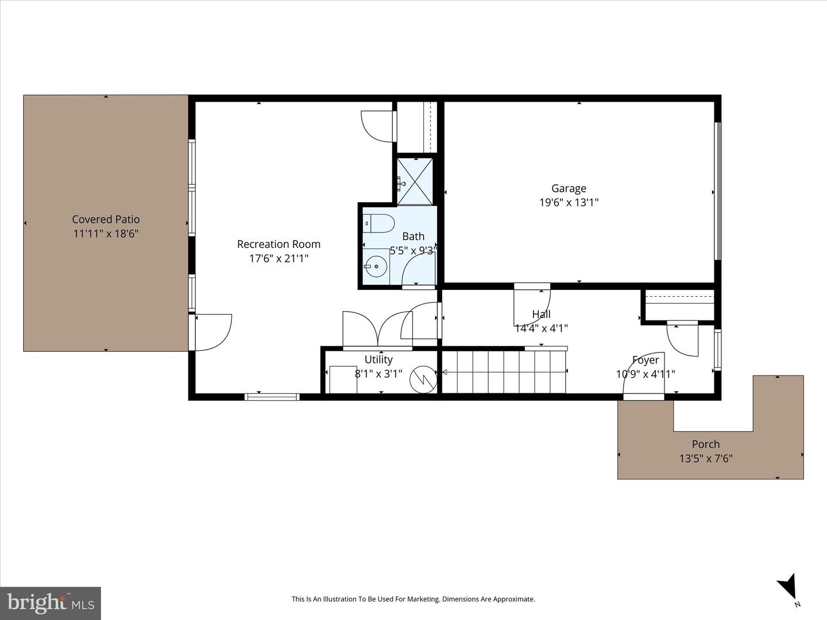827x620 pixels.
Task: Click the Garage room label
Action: pyautogui.click(x=569, y=188)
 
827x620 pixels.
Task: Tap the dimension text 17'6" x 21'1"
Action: pyautogui.click(x=279, y=258)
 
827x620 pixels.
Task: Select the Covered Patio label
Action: pyautogui.click(x=106, y=219)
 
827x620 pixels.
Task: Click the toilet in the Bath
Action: pyautogui.click(x=378, y=223)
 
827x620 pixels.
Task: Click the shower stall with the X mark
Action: pyautogui.click(x=416, y=181)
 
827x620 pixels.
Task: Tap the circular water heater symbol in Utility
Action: pyautogui.click(x=423, y=379)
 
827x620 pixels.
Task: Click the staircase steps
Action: pyautogui.click(x=504, y=372)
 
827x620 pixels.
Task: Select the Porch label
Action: pyautogui.click(x=705, y=444)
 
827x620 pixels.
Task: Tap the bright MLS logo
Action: pyautogui.click(x=51, y=602)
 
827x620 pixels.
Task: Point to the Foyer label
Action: pyautogui.click(x=646, y=360)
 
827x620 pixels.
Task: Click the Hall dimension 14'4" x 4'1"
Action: pyautogui.click(x=541, y=328)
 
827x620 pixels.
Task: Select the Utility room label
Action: pyautogui.click(x=378, y=359)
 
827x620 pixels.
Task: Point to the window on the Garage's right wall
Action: pyautogui.click(x=717, y=191)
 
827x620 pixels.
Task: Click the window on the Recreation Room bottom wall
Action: pyautogui.click(x=272, y=396)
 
